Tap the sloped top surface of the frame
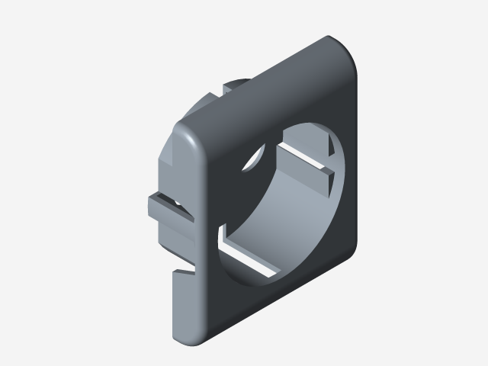coord(259,84)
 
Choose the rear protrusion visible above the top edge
coord(229,88)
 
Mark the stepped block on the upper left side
coord(172,160)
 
